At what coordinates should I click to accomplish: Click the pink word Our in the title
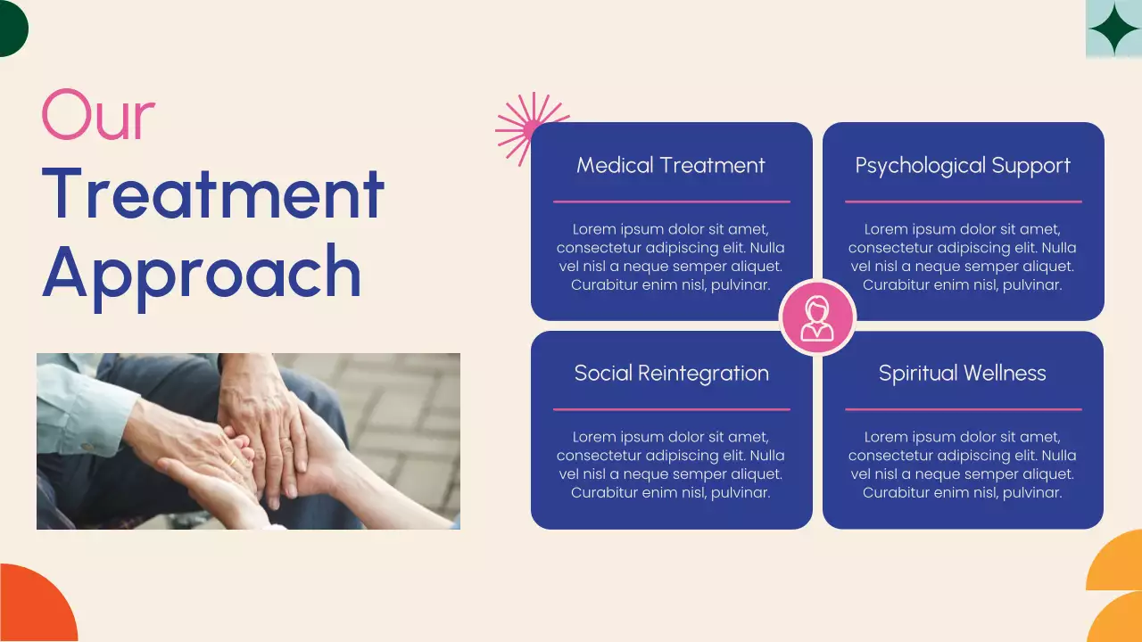[x=98, y=116]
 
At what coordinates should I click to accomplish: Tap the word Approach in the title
[x=202, y=271]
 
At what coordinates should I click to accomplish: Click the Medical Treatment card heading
[x=671, y=166]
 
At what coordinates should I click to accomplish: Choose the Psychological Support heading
[x=963, y=166]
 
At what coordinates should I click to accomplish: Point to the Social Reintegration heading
[x=671, y=374]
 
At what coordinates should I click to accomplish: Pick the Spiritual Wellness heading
[x=962, y=374]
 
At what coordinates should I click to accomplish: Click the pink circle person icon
[x=817, y=317]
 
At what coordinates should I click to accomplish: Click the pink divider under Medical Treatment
[x=671, y=202]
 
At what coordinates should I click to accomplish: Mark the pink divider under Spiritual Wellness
[x=963, y=409]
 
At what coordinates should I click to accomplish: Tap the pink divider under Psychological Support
[x=963, y=202]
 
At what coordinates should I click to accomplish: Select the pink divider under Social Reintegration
[x=671, y=409]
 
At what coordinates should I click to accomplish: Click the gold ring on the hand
[x=234, y=461]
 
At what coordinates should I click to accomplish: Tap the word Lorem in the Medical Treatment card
[x=593, y=229]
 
